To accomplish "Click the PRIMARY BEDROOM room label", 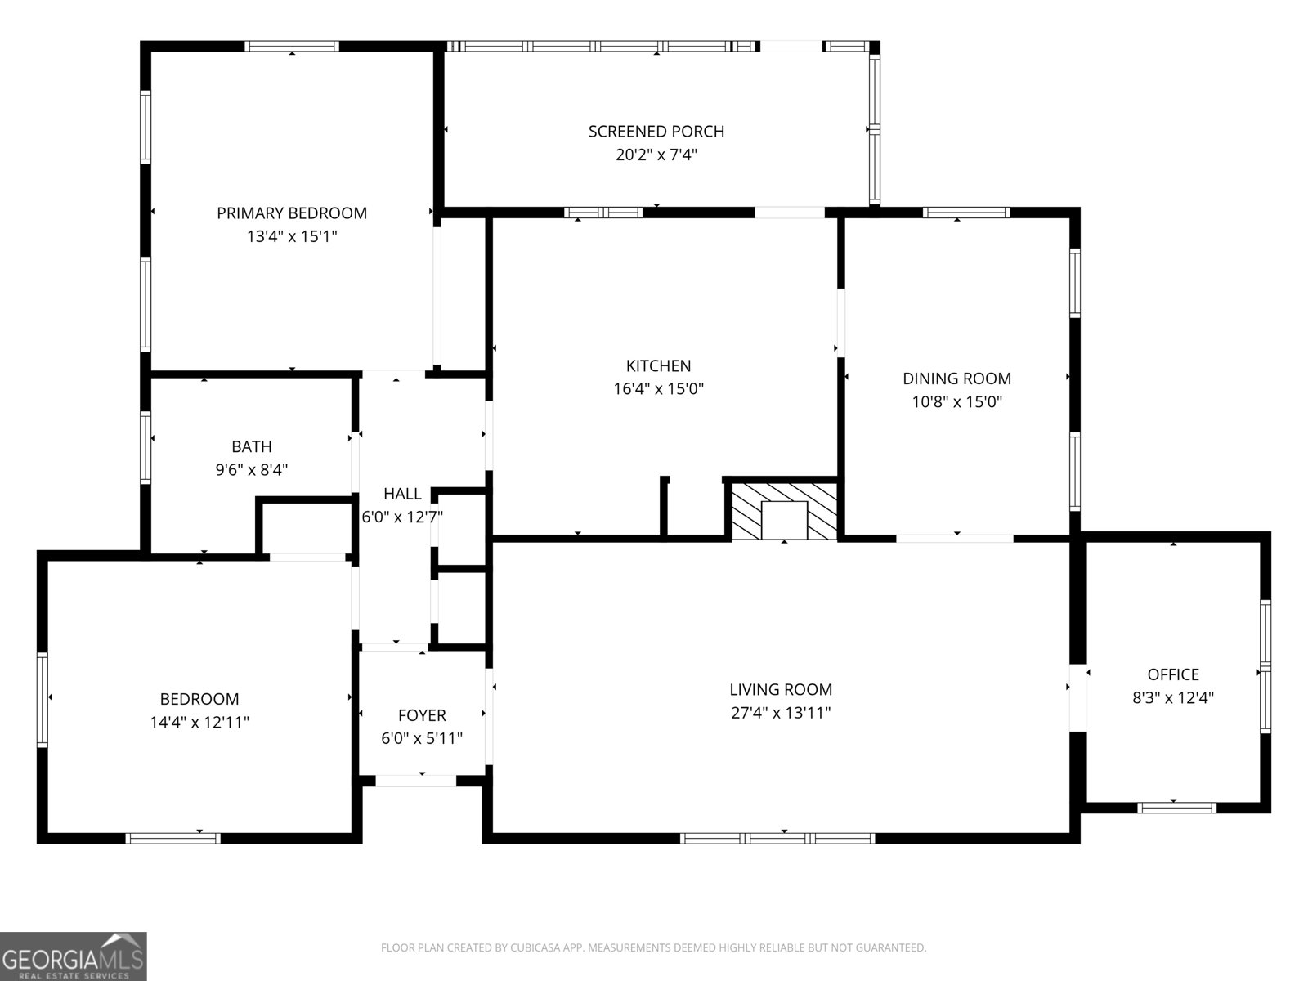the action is click(x=291, y=213).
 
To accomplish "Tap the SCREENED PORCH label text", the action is click(x=656, y=132).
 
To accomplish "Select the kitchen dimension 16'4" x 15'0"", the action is click(x=658, y=389).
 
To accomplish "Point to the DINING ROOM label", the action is click(x=956, y=379).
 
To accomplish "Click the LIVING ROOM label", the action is click(x=781, y=690).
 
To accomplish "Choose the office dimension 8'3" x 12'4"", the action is click(x=1173, y=697).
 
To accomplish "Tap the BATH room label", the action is click(x=252, y=446).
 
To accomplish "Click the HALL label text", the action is click(x=402, y=494).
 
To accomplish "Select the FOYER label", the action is click(x=422, y=715).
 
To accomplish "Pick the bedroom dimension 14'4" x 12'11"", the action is click(x=199, y=723).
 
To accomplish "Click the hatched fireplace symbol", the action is click(x=784, y=512).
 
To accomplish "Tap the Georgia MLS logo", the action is click(x=73, y=956).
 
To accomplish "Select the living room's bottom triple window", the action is click(x=777, y=839).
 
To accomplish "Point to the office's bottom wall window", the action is click(x=1176, y=809).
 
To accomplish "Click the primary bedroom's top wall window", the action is click(x=291, y=47).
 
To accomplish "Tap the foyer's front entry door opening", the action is click(x=415, y=781).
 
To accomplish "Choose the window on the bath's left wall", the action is click(x=145, y=447).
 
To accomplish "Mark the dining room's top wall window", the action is click(x=966, y=213).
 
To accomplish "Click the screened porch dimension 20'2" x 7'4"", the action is click(x=656, y=155).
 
